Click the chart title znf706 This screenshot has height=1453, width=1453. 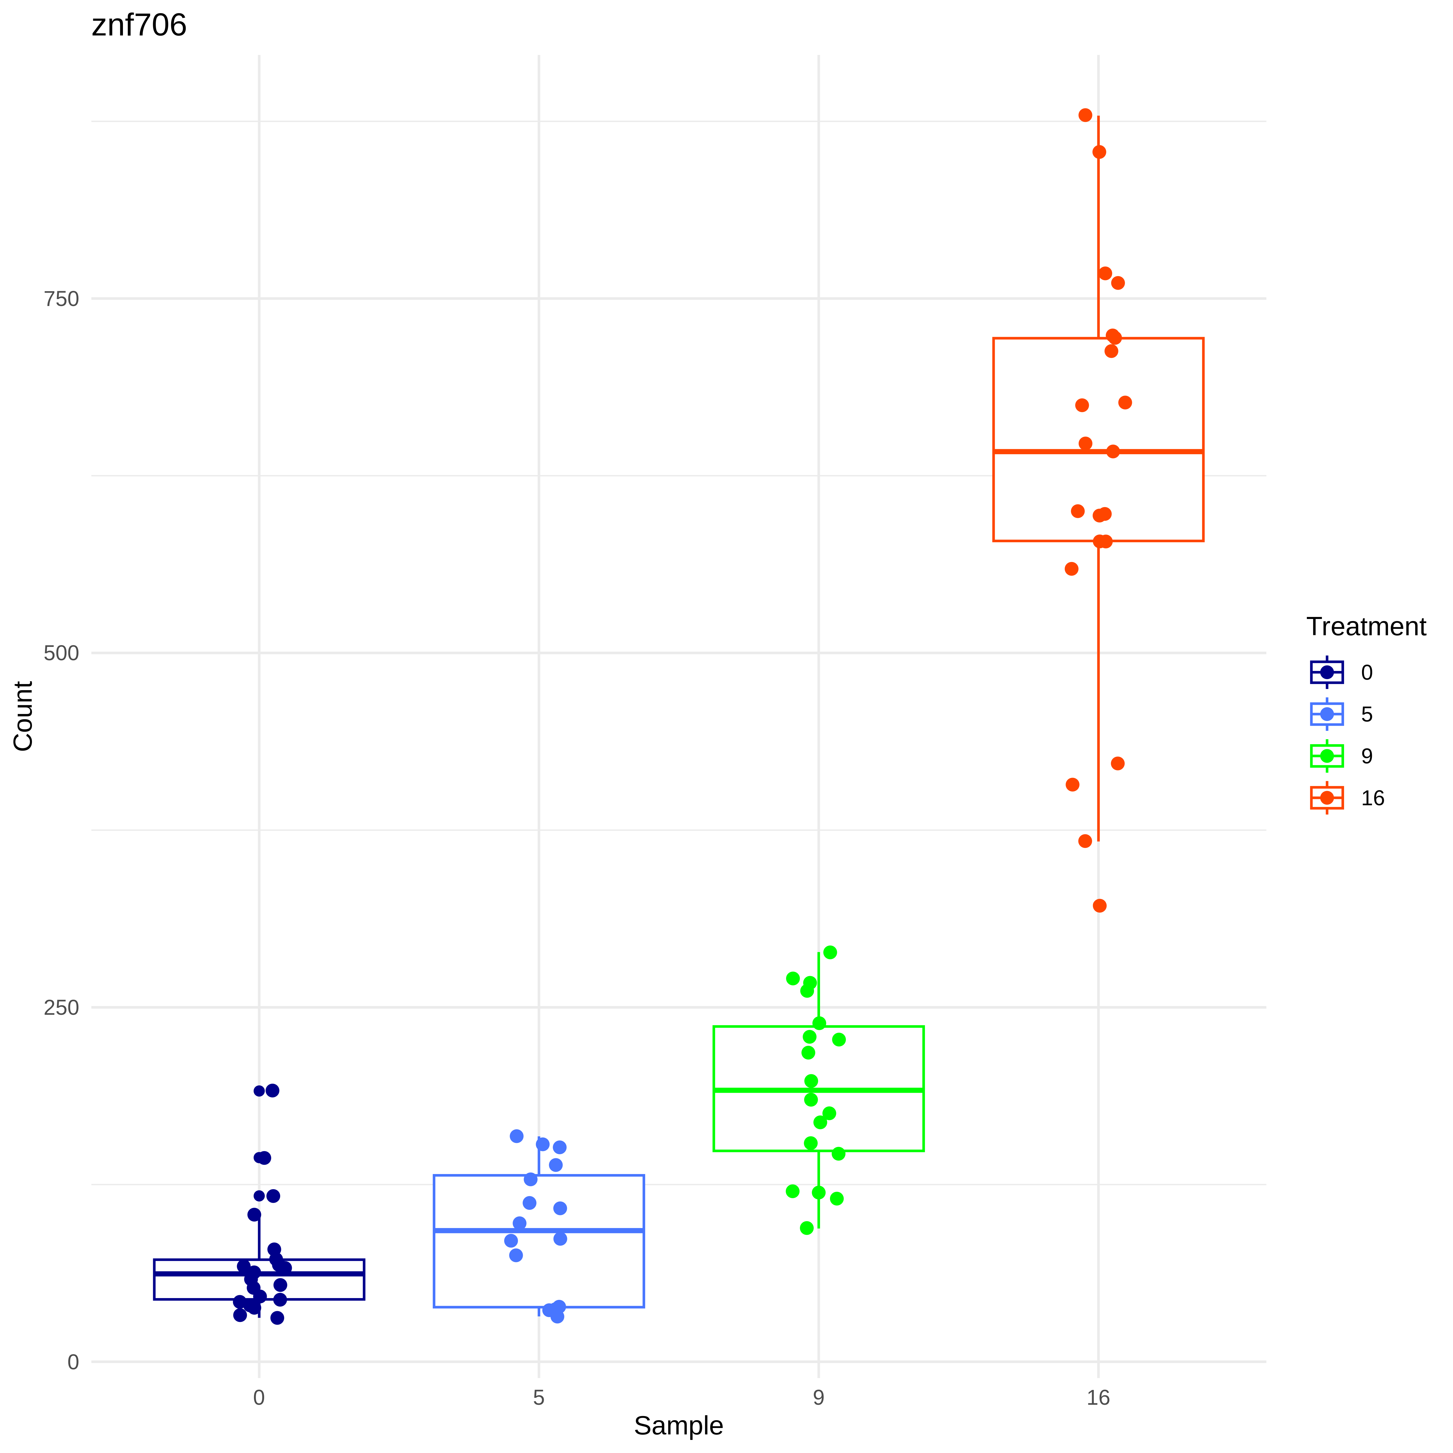[139, 26]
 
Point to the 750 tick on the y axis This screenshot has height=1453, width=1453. [61, 298]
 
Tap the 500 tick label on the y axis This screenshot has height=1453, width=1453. [61, 653]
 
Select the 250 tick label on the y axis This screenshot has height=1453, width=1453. [61, 1007]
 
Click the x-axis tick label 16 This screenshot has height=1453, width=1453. [1098, 1397]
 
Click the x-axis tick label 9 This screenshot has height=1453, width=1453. [818, 1397]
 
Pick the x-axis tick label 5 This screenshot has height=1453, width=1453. [538, 1397]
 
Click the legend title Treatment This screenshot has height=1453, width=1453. [1366, 627]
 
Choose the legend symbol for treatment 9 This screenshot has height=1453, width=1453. [1327, 756]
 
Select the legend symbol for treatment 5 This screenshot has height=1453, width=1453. [1327, 714]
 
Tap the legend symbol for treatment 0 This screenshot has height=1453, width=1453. [1327, 672]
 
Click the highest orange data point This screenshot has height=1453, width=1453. [1085, 115]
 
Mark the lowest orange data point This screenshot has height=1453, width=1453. [1100, 906]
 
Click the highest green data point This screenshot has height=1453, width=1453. [830, 952]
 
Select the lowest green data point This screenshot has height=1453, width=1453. [807, 1228]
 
